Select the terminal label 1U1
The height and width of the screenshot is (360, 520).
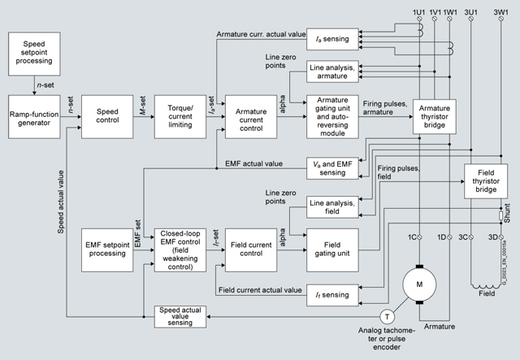[419, 12]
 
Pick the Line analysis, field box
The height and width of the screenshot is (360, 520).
[334, 206]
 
